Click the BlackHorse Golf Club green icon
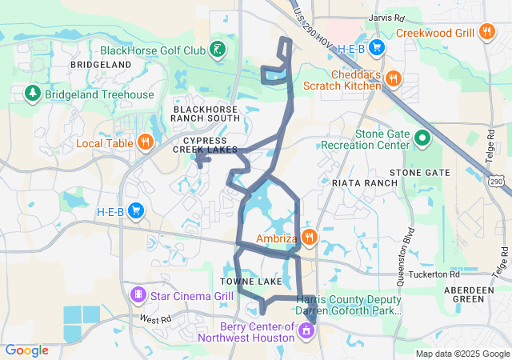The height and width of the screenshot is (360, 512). click(x=217, y=50)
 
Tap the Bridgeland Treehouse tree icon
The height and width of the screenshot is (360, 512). click(x=32, y=94)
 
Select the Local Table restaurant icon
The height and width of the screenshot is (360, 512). click(x=145, y=143)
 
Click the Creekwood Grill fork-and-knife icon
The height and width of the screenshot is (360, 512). click(x=487, y=32)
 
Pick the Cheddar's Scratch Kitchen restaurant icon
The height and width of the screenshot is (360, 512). click(x=393, y=78)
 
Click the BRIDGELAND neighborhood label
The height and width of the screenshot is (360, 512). click(x=100, y=64)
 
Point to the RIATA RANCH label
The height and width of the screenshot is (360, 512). click(x=365, y=183)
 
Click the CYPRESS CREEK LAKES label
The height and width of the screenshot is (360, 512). click(x=206, y=144)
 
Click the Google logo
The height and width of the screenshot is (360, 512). click(x=27, y=350)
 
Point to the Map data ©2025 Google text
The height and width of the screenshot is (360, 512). click(x=462, y=354)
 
